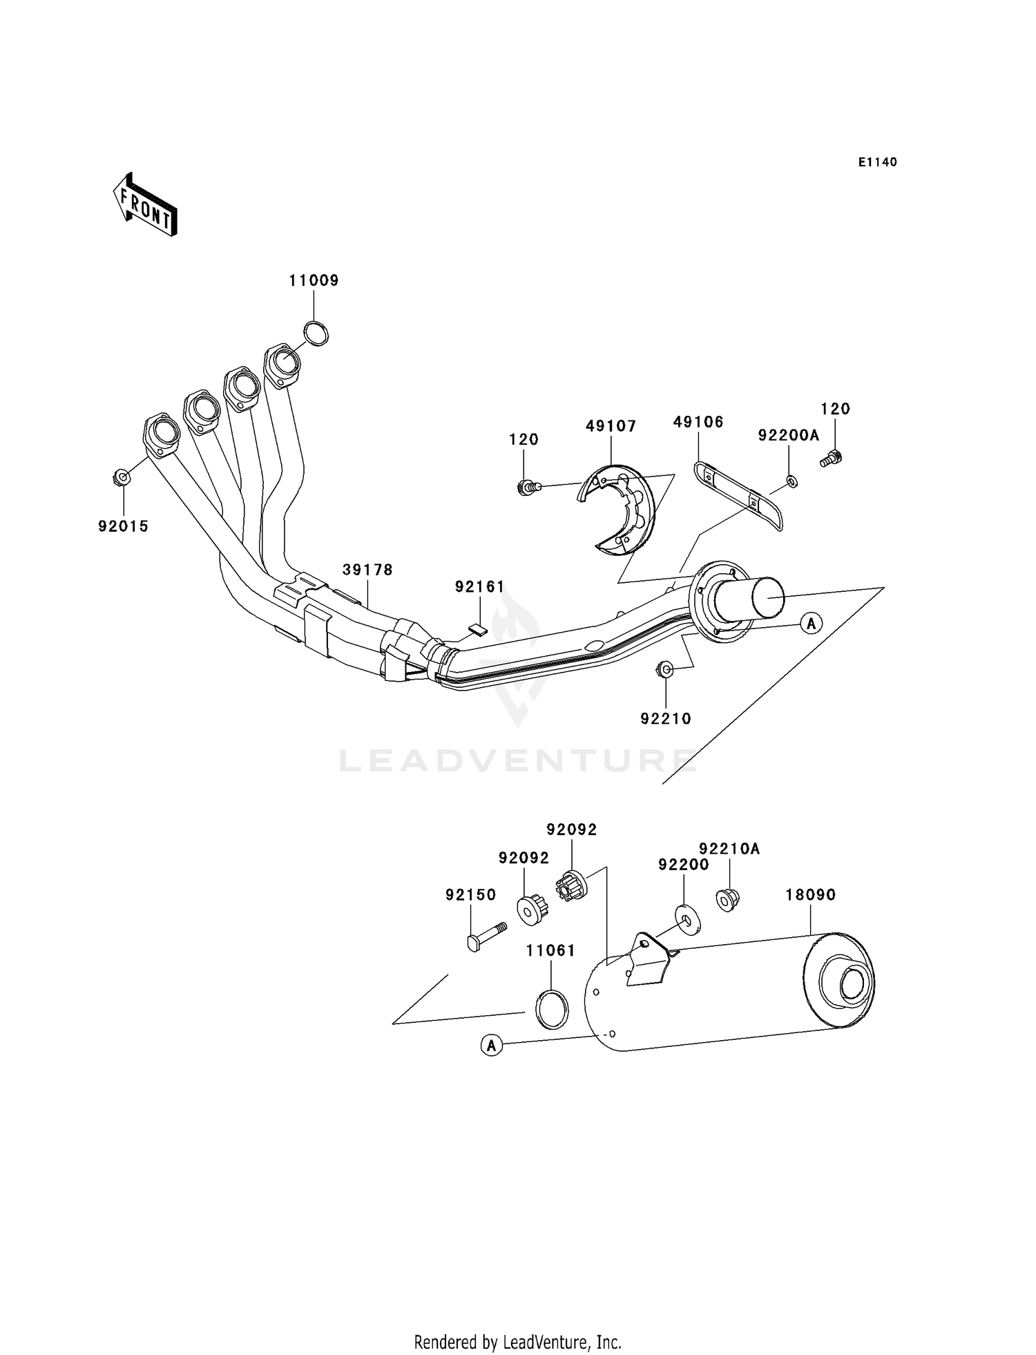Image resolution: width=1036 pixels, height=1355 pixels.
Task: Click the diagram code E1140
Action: pyautogui.click(x=877, y=162)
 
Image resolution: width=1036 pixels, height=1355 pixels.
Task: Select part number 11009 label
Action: pyautogui.click(x=314, y=280)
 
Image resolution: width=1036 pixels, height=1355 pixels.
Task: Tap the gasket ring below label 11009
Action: pyautogui.click(x=316, y=334)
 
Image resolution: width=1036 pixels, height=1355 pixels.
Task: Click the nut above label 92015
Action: pyautogui.click(x=122, y=477)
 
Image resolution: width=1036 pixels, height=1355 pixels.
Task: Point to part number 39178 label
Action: pyautogui.click(x=367, y=570)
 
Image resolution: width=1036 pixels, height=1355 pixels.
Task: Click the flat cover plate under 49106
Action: pyautogui.click(x=738, y=495)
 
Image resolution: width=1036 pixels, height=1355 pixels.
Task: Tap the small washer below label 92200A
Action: pyautogui.click(x=792, y=481)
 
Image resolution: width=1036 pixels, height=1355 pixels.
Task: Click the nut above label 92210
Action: pyautogui.click(x=664, y=669)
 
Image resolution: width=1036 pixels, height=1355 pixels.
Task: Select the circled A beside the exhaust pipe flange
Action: pyautogui.click(x=812, y=624)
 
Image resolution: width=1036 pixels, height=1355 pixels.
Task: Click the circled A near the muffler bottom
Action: pyautogui.click(x=491, y=1046)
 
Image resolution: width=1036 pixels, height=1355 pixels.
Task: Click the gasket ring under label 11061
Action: pyautogui.click(x=553, y=1010)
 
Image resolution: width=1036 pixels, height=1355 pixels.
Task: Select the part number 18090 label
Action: pyautogui.click(x=810, y=895)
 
